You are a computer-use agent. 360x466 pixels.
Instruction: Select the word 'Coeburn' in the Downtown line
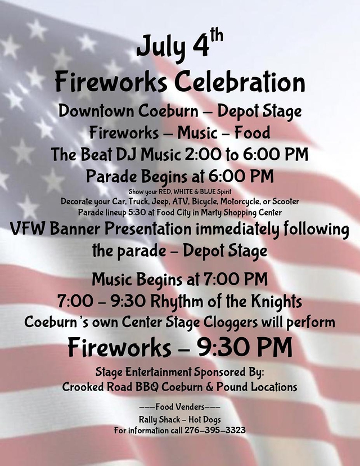click(x=168, y=111)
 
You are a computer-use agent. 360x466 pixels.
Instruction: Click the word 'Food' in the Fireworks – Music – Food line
click(x=252, y=133)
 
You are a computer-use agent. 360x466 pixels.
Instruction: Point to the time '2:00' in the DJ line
click(x=203, y=155)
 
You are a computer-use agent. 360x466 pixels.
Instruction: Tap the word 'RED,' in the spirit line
click(x=165, y=192)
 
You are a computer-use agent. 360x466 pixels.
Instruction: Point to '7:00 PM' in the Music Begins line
click(x=236, y=279)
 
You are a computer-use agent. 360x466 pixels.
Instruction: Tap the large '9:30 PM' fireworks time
click(x=245, y=347)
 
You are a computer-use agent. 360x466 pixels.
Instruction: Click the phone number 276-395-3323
click(x=215, y=431)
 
